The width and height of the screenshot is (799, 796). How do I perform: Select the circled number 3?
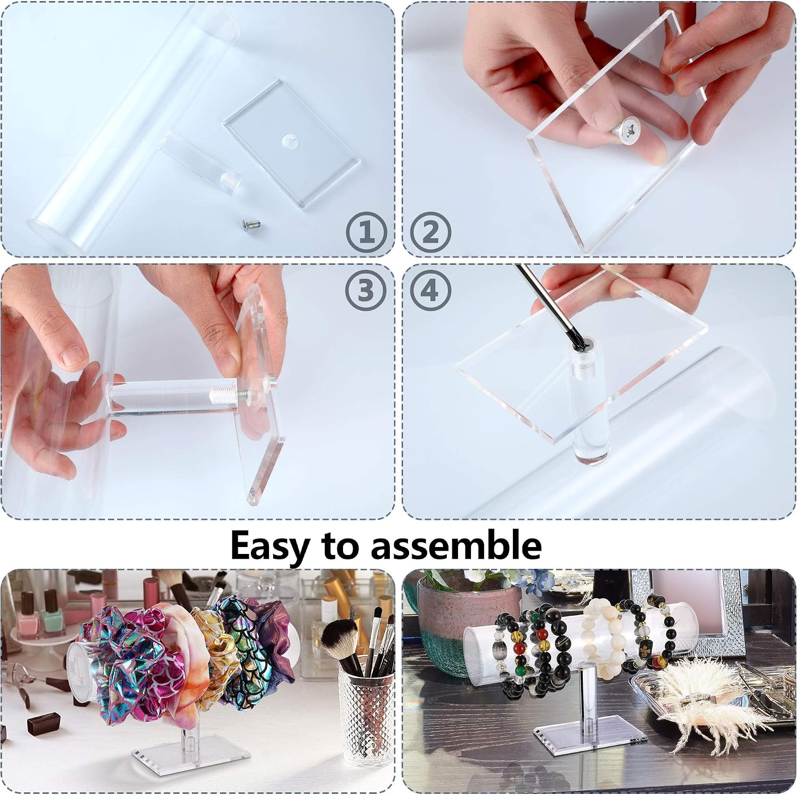pyautogui.click(x=365, y=291)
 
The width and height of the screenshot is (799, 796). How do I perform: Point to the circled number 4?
pyautogui.click(x=431, y=291)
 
